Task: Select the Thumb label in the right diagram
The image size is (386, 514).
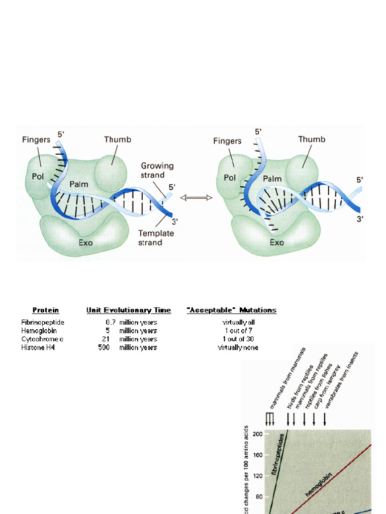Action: click(x=312, y=140)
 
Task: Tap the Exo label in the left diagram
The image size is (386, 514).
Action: click(x=85, y=242)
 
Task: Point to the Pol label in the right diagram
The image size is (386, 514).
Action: click(x=230, y=178)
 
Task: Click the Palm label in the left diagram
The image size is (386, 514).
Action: click(x=79, y=184)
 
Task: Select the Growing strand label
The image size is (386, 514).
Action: click(x=157, y=170)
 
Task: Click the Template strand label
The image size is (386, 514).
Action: click(x=156, y=238)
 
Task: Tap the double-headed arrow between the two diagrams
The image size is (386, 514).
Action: click(x=196, y=198)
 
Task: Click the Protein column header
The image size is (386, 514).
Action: click(x=46, y=310)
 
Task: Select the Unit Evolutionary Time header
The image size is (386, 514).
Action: click(x=128, y=310)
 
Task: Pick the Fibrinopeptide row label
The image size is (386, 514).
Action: click(x=43, y=322)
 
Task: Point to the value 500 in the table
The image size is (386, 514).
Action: click(x=104, y=347)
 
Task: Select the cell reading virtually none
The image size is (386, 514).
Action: click(x=238, y=347)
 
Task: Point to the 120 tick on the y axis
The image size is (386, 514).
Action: click(x=258, y=476)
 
